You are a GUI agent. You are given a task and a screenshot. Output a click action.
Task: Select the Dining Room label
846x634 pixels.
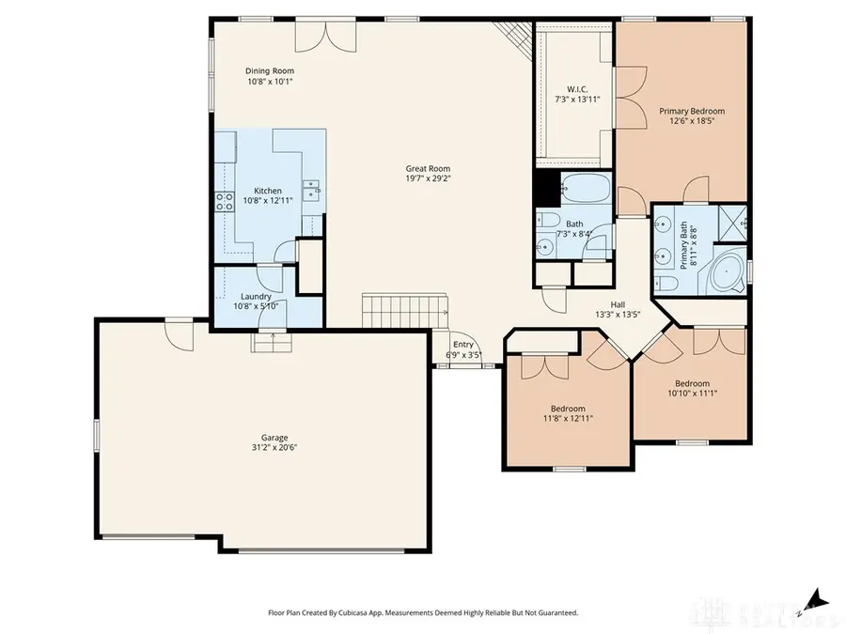(269, 70)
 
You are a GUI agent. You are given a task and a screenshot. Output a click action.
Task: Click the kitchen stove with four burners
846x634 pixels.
(225, 200)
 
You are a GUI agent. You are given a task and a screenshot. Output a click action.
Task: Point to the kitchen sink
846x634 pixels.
(313, 188)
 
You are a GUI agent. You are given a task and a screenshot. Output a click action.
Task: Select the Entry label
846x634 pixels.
(462, 345)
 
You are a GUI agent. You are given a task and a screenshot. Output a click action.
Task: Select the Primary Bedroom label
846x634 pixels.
(691, 111)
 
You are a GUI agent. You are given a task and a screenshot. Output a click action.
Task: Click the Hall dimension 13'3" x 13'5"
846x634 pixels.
(618, 315)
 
